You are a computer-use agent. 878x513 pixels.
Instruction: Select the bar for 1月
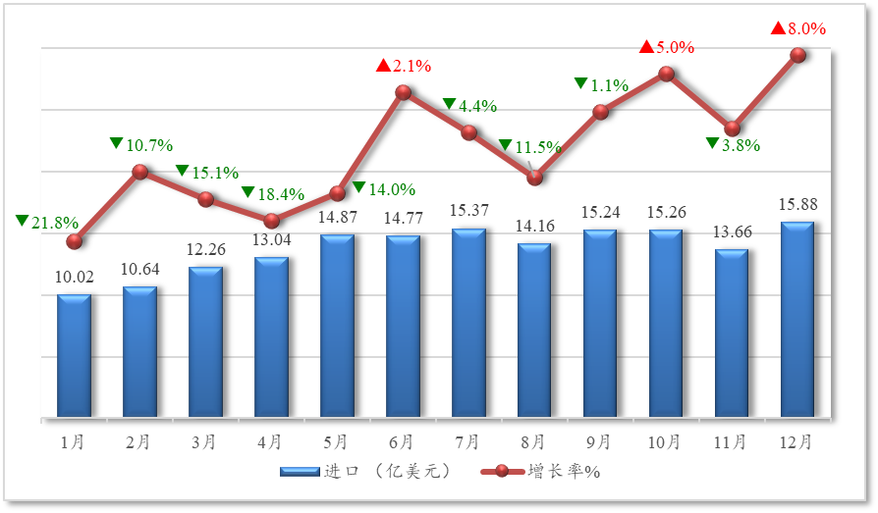coord(74,355)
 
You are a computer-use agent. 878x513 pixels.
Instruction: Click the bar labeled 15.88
coord(797,319)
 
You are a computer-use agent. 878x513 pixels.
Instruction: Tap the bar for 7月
coord(468,323)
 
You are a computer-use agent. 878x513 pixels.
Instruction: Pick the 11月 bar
coord(732,333)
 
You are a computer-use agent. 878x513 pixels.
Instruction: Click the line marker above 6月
coord(403,92)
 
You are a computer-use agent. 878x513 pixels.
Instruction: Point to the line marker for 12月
coord(798,55)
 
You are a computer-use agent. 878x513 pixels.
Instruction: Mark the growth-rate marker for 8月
coord(534,178)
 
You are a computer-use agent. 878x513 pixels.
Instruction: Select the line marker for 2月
coord(140,172)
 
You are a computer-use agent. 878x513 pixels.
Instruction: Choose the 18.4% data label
coord(280,194)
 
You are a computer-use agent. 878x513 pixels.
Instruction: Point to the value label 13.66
coord(732,232)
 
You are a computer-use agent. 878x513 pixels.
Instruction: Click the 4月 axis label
coord(270,442)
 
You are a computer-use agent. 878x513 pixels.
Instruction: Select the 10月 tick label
coord(665,442)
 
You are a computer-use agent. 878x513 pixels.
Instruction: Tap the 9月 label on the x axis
coord(599,442)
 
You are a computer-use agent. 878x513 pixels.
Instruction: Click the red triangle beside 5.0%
coord(646,46)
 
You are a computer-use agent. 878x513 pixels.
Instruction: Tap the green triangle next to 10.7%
coord(117,144)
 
